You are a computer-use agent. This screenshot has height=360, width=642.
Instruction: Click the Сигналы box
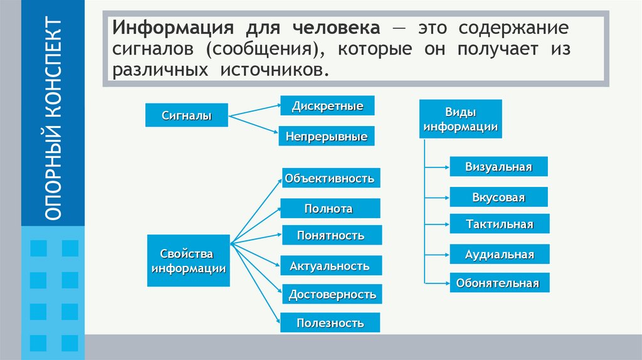tap(186, 115)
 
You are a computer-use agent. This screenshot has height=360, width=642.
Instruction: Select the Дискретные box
tap(327, 105)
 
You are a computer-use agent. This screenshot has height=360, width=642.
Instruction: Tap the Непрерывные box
tap(327, 136)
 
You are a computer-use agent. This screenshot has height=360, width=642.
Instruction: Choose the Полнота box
tap(329, 208)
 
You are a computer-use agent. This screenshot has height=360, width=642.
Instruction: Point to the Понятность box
tap(331, 235)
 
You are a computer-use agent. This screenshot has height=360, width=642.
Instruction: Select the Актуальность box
tap(329, 266)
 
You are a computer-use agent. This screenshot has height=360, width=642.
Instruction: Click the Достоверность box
tap(332, 294)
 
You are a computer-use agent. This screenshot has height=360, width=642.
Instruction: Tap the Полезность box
tap(330, 323)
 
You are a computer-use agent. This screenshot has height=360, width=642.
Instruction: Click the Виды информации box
tap(460, 119)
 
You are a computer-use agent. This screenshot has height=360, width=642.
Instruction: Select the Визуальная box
tap(498, 166)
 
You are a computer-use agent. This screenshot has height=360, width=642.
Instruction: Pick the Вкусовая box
tap(498, 197)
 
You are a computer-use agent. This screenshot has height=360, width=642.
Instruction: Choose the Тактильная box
tap(499, 224)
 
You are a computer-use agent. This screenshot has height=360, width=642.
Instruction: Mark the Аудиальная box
tap(499, 254)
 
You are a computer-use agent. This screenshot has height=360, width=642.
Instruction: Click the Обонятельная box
tap(499, 283)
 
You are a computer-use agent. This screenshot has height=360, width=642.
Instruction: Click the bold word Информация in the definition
tap(164, 29)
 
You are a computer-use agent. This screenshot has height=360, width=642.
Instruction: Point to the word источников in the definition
tap(273, 70)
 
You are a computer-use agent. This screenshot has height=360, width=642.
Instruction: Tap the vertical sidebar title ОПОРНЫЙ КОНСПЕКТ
tap(54, 119)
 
